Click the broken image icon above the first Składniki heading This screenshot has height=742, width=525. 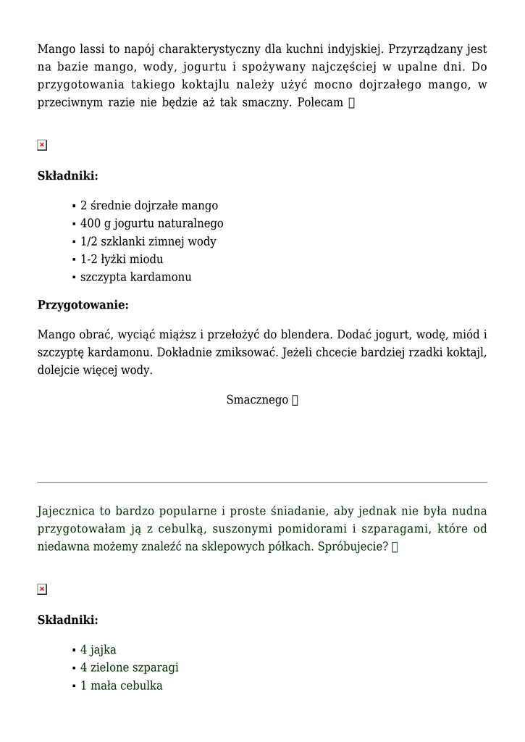42,145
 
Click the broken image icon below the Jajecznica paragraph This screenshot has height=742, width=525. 42,589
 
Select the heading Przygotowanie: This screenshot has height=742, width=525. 83,305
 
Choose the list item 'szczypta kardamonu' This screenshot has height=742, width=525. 135,277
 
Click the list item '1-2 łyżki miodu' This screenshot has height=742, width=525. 121,259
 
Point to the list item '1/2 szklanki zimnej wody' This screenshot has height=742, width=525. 148,241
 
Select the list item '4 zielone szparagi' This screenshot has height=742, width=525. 129,667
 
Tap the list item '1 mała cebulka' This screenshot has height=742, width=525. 121,685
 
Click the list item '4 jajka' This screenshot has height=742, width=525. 98,650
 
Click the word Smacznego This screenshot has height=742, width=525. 257,400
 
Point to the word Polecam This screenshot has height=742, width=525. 320,102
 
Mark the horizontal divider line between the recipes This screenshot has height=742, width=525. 262,482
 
